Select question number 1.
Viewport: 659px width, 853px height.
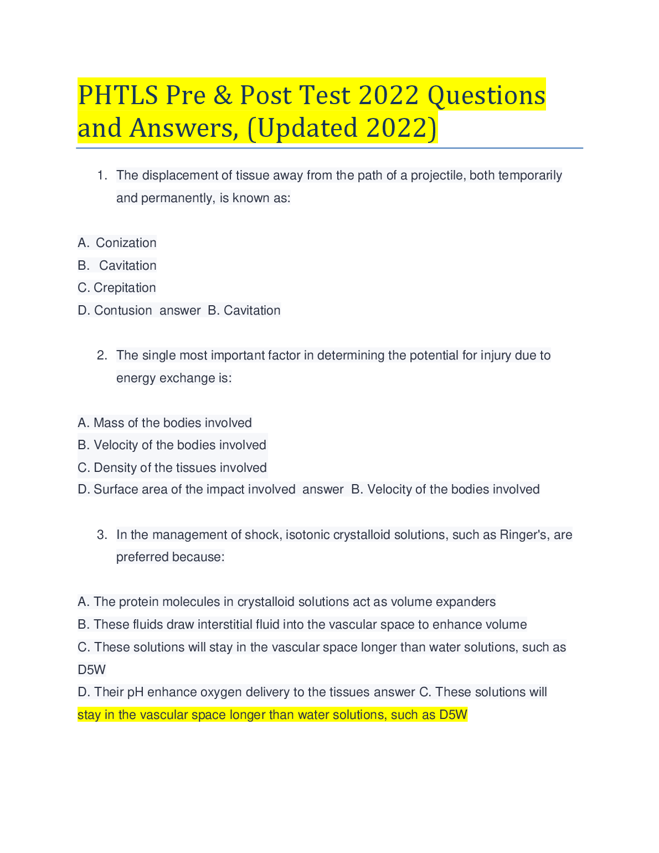point(101,176)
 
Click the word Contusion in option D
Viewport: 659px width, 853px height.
point(123,311)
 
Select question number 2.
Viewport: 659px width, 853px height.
point(101,356)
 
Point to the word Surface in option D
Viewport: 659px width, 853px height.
point(115,490)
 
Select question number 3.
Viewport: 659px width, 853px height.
point(101,535)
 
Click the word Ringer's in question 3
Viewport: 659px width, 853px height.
point(523,535)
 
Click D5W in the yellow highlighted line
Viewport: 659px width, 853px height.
point(453,715)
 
